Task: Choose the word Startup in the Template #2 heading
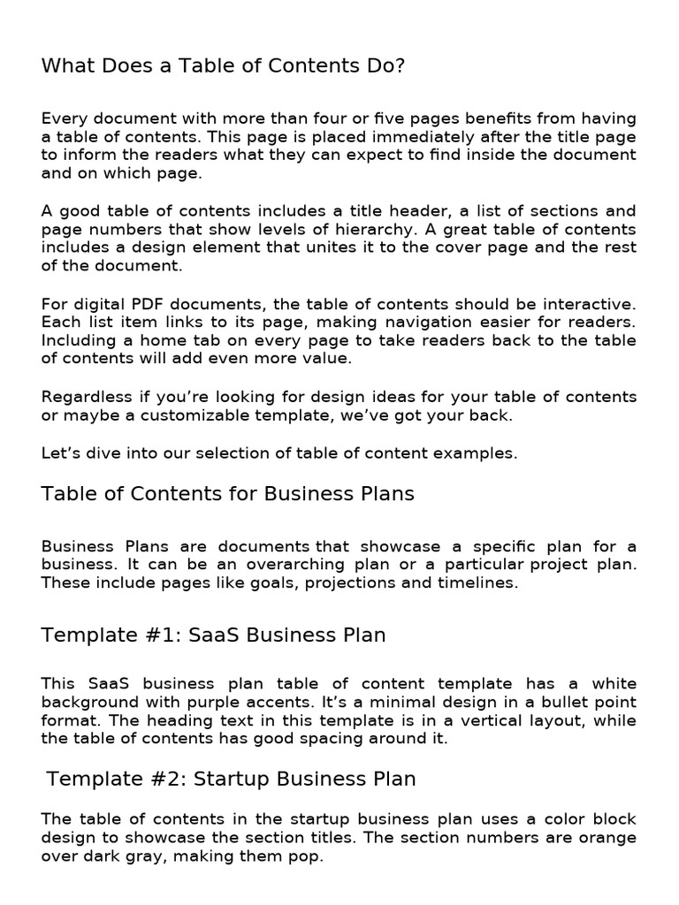point(233,779)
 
